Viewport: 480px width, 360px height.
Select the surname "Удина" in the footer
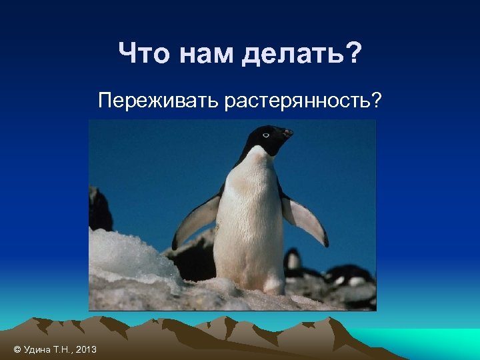[x=37, y=350]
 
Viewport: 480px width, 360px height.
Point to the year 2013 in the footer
[x=86, y=350]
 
